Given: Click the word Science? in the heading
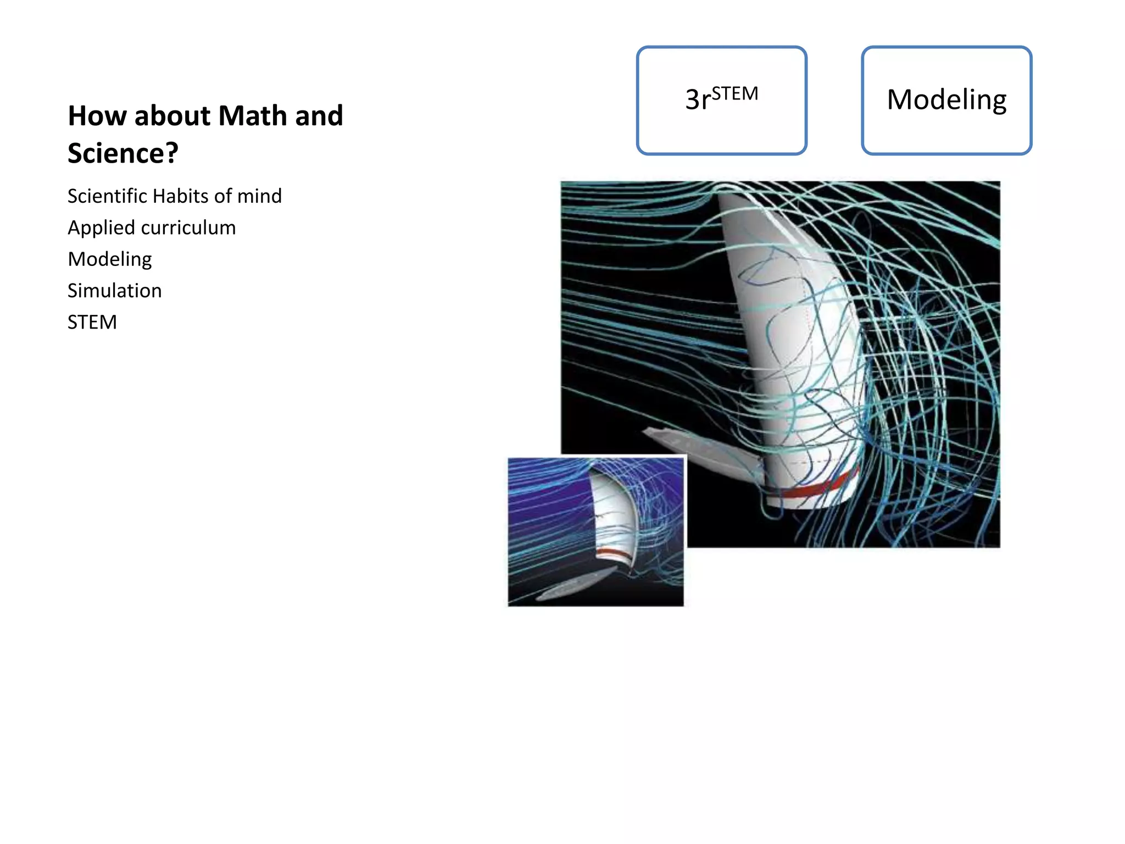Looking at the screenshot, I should (x=123, y=153).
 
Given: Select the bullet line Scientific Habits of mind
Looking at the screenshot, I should (x=174, y=196).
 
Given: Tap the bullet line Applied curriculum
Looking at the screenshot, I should (x=152, y=227).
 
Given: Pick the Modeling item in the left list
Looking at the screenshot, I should (x=110, y=259).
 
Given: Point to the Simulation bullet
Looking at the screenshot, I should (x=114, y=291).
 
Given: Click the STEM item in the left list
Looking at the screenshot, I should (x=92, y=322).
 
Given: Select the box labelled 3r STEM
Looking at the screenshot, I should (x=721, y=100).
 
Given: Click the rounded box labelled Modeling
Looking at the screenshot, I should (x=946, y=100).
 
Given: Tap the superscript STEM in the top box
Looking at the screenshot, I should (x=735, y=94).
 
